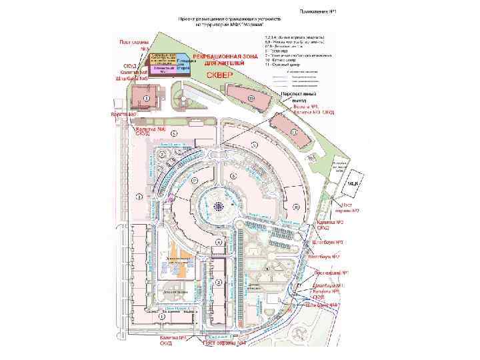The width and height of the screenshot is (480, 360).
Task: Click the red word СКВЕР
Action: click(218, 75)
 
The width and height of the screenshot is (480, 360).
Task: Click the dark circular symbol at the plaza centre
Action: click(218, 207)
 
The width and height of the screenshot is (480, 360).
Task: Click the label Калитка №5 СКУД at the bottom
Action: click(166, 341)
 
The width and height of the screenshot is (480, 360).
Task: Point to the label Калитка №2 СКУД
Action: click(329, 223)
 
